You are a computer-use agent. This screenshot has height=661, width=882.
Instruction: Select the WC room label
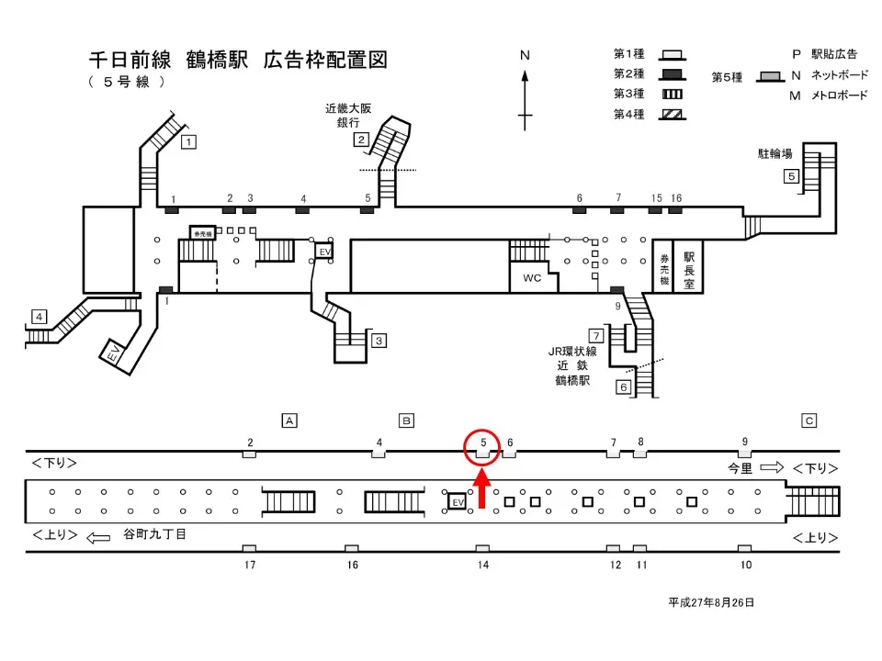(532, 277)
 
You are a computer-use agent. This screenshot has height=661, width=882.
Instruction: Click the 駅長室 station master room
(688, 265)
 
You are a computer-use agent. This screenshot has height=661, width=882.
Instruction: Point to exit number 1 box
(188, 141)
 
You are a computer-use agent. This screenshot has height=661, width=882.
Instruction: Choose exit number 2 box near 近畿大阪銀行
(362, 140)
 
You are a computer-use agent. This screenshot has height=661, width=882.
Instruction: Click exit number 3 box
(379, 341)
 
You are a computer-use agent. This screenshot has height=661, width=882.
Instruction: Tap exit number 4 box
(39, 317)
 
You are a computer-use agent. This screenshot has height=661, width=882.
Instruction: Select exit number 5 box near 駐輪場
(790, 176)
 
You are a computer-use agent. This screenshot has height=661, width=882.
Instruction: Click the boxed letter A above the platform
(289, 420)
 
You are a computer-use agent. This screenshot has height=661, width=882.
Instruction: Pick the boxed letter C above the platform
(809, 420)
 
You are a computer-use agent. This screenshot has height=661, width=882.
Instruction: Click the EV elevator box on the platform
(457, 502)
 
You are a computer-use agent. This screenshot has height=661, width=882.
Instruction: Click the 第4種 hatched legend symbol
(670, 115)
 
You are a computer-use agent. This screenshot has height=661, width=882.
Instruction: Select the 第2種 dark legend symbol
(670, 73)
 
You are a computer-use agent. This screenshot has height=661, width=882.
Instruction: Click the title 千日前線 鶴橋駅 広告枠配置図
(237, 61)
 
